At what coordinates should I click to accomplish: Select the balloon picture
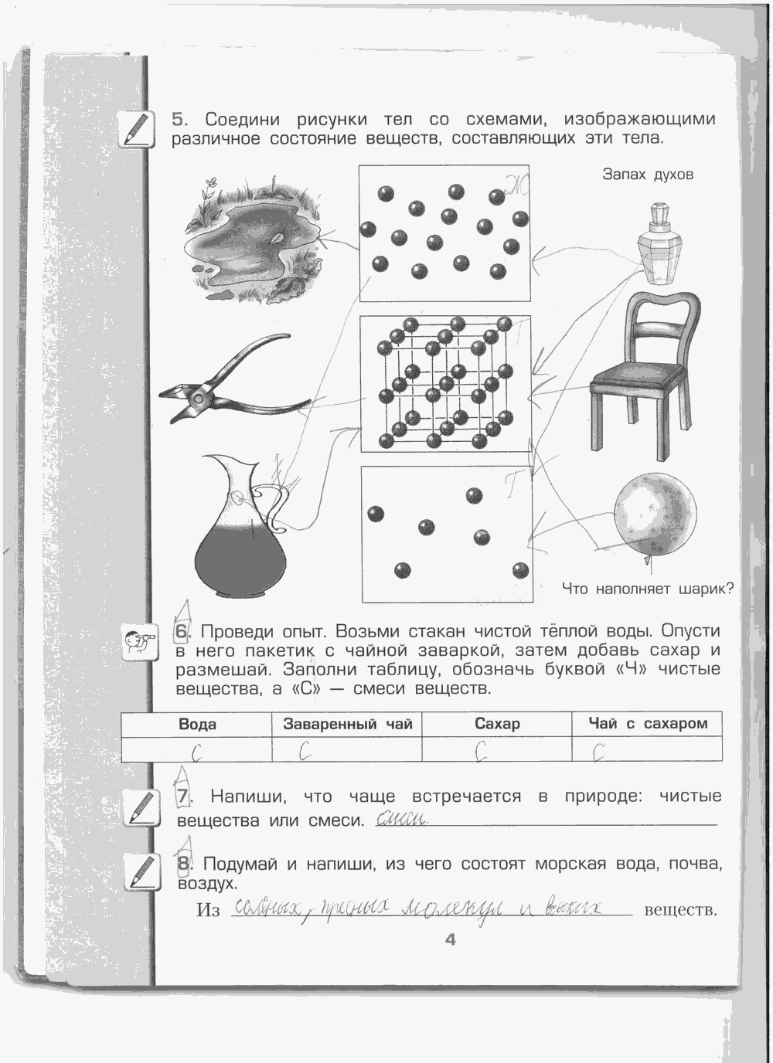(654, 514)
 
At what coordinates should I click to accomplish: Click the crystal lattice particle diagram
(445, 383)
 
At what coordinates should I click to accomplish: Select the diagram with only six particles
(447, 534)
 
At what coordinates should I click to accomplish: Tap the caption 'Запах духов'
(648, 175)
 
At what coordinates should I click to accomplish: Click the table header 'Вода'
(197, 724)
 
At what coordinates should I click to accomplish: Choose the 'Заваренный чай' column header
(347, 724)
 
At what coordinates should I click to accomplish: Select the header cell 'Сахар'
(497, 724)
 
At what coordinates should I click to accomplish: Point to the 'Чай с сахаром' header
(648, 724)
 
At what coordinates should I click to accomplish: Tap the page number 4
(451, 939)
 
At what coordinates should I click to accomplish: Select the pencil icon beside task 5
(137, 129)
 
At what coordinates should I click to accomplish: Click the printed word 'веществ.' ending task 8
(680, 910)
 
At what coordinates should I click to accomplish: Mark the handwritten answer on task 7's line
(401, 819)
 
